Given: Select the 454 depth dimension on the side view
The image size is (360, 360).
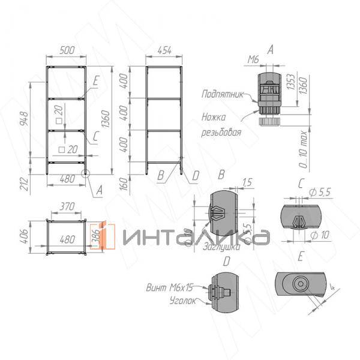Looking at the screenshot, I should pyautogui.click(x=164, y=51).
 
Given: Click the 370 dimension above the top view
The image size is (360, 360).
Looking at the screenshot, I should pyautogui.click(x=67, y=207).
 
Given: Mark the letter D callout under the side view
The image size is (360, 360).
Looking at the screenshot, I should pyautogui.click(x=194, y=176).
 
